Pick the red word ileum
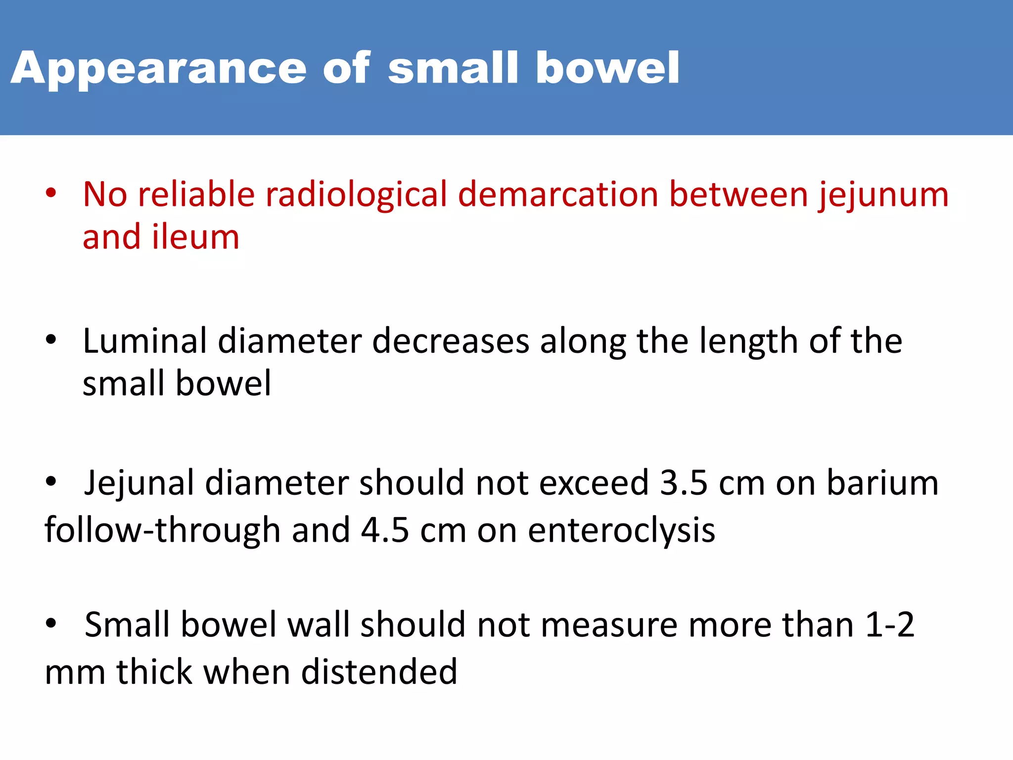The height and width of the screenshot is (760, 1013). tap(195, 237)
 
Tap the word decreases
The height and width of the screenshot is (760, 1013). tap(450, 341)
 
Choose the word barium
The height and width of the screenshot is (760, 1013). tap(882, 483)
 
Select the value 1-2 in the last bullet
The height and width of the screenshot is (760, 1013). tap(890, 625)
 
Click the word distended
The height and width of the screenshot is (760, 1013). tap(379, 672)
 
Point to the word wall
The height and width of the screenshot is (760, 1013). tap(319, 625)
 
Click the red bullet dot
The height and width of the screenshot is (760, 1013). tap(51, 193)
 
